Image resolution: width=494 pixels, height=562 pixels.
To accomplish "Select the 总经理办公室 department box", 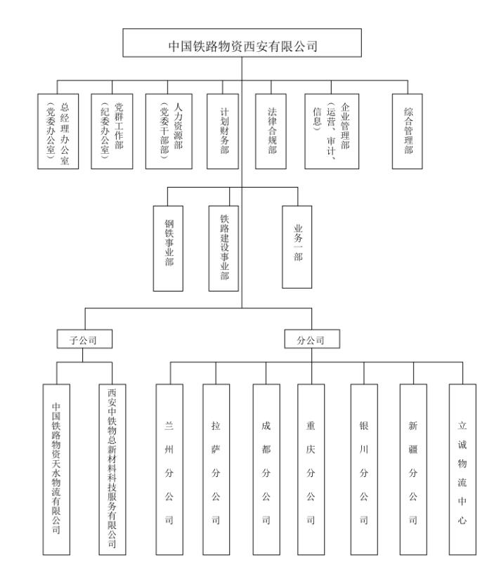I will point(58,131).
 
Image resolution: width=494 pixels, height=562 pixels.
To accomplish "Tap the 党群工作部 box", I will point(112,131).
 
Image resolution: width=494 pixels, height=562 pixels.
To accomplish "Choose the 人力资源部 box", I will point(167,131).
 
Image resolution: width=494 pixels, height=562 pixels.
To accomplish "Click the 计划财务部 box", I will point(223,131).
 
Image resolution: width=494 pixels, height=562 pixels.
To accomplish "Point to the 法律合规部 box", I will point(271,131).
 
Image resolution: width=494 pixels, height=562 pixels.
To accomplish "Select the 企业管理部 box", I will point(334,131).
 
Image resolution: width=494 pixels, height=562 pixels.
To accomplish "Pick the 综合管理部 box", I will point(408,131).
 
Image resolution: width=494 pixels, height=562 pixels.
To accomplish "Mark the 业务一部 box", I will point(297,246).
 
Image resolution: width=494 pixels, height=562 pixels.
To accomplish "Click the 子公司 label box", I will point(83,340).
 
